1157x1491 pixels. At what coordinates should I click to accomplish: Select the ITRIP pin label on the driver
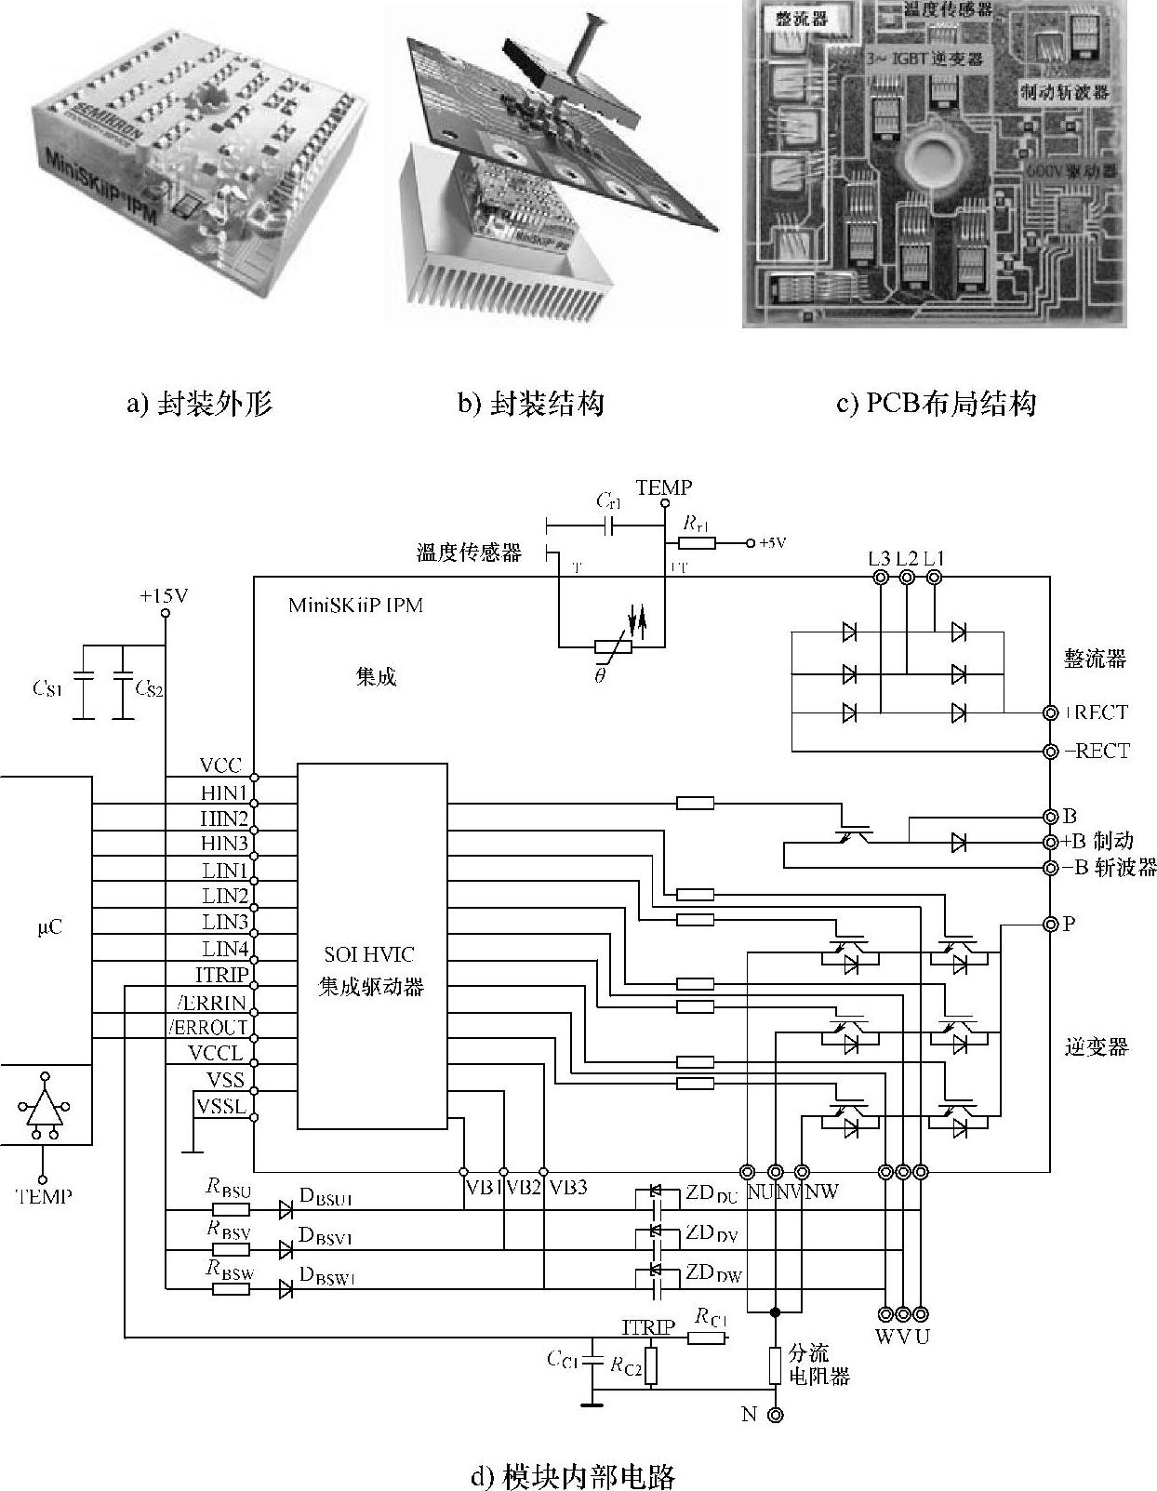[x=222, y=975]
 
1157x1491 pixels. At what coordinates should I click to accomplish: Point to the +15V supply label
[x=164, y=596]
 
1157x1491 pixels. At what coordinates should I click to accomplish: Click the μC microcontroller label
[x=51, y=927]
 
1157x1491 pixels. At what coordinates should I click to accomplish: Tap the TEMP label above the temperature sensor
[x=664, y=487]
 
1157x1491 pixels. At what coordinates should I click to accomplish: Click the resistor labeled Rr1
[x=697, y=542]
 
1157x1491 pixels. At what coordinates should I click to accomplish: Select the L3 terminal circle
[x=880, y=579]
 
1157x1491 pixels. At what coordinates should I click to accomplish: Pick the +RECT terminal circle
[x=1050, y=713]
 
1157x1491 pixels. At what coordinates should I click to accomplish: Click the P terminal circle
[x=1050, y=924]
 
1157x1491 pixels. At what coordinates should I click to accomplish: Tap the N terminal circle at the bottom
[x=775, y=1415]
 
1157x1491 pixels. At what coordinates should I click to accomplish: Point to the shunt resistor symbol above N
[x=775, y=1365]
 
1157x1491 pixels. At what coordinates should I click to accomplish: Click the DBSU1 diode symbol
[x=286, y=1209]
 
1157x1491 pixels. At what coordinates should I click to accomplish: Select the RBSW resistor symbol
[x=231, y=1289]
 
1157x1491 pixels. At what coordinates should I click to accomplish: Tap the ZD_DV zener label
[x=711, y=1233]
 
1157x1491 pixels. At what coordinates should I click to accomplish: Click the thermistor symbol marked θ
[x=613, y=648]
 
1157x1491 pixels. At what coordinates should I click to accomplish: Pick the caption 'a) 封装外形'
[x=199, y=404]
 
